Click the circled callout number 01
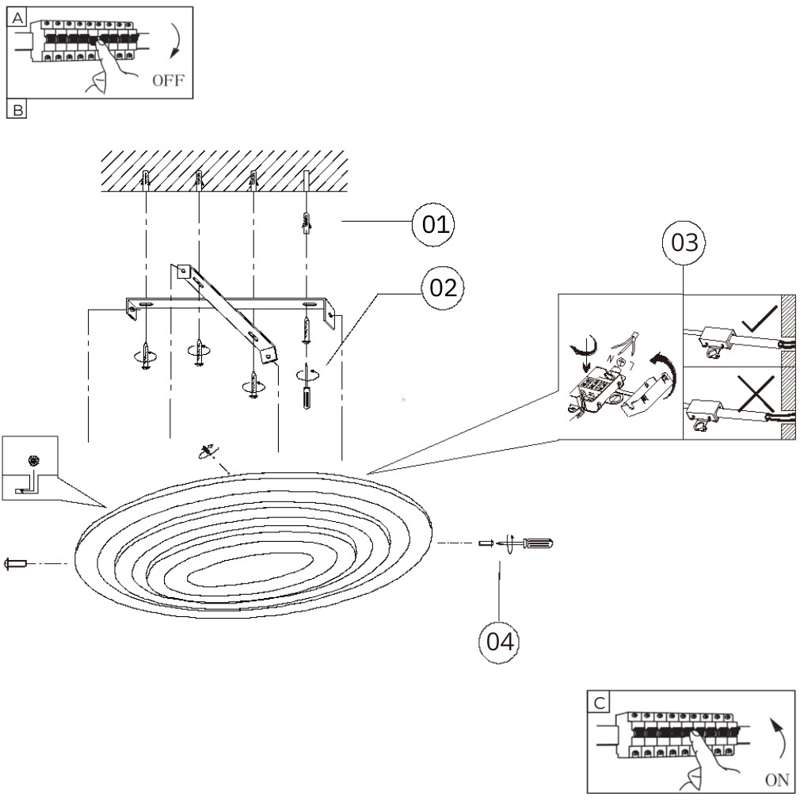(433, 224)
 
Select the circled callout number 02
(443, 288)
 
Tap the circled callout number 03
(684, 243)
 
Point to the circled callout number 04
(500, 642)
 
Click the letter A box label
(17, 18)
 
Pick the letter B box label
(17, 109)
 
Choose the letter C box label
(600, 703)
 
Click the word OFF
(169, 80)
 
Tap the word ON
(777, 779)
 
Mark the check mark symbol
(760, 319)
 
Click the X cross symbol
(756, 393)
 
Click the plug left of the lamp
(15, 564)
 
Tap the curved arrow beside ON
(779, 737)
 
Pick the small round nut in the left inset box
(34, 461)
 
